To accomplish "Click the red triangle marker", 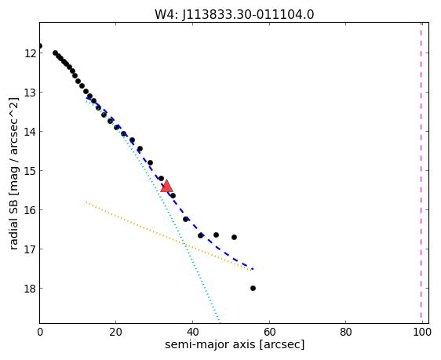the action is pos(166,186).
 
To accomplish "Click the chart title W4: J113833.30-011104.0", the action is pos(234,14).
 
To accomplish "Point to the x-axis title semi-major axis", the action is pos(235,344).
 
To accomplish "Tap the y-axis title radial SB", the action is pos(14,173).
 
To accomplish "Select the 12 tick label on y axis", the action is pos(31,53).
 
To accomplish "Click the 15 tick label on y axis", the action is pos(31,170).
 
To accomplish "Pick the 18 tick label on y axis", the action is pos(31,289).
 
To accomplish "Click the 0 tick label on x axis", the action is pos(40,332).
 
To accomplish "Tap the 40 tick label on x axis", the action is pos(193,332).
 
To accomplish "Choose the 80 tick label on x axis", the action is pos(345,332).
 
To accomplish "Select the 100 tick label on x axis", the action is pos(422,332).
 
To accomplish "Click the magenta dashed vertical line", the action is pos(421,173).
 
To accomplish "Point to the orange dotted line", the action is pos(169,236).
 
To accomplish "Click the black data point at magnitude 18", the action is pos(253,288).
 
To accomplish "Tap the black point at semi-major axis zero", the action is pos(40,45).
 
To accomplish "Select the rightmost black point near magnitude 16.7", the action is pos(234,237).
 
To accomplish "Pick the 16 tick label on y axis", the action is pos(31,210).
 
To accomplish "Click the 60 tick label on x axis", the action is pos(269,332).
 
